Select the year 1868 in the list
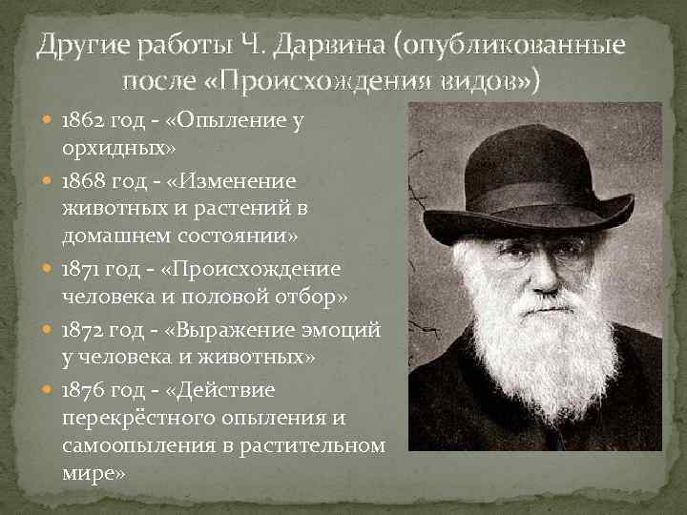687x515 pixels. click(x=82, y=180)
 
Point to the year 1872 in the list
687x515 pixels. click(x=82, y=329)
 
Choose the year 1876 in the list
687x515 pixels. click(x=82, y=390)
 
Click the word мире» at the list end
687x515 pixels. click(x=93, y=472)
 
